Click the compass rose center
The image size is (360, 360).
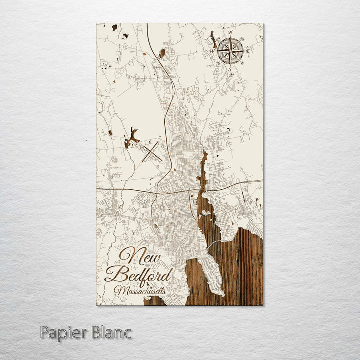[230, 50]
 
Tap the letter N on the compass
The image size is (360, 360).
[231, 33]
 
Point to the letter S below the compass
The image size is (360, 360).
[230, 69]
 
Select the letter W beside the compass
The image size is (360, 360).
[212, 51]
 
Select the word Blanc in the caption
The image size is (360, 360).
[112, 332]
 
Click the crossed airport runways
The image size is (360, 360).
[151, 151]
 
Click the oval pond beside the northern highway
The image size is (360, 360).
[162, 52]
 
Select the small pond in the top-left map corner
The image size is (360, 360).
[114, 27]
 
